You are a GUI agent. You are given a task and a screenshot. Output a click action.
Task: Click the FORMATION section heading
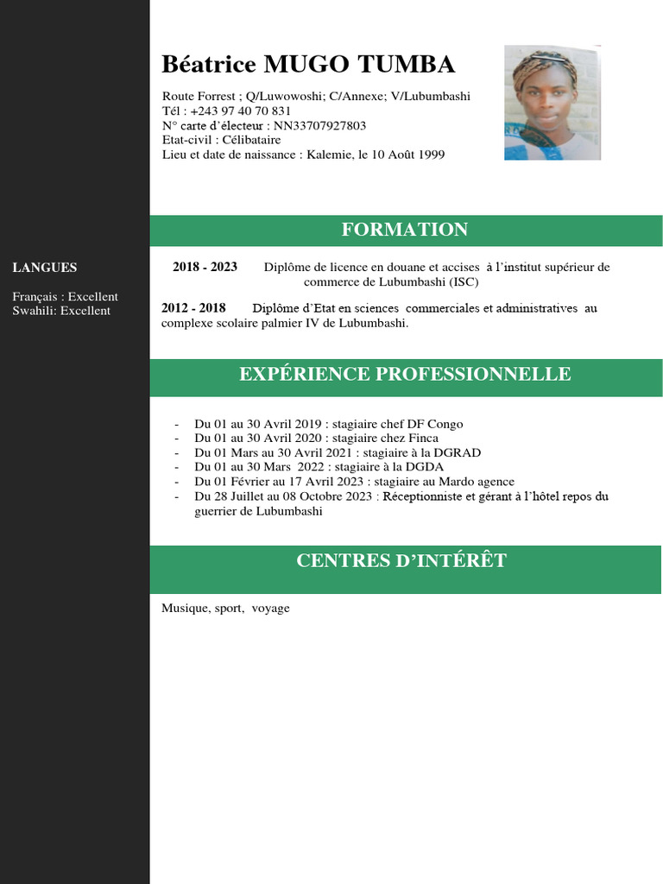coord(405,230)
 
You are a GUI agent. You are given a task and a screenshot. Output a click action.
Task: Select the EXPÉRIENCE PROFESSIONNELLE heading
coord(405,374)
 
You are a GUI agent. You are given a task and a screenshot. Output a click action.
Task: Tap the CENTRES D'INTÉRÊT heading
coord(401,561)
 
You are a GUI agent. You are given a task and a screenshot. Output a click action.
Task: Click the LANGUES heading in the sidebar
coord(45,268)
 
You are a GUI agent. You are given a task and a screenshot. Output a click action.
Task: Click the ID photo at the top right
coord(552,103)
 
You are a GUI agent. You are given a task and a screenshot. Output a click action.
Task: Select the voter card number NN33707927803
coord(319,126)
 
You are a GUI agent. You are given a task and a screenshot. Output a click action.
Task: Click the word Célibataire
coord(251,140)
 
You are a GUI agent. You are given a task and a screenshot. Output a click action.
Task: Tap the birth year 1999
coord(431,155)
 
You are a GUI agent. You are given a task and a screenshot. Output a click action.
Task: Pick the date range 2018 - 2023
coord(205,268)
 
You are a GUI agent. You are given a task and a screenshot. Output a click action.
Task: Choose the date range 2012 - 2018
coord(193,308)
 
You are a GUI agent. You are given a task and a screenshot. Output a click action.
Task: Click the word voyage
coord(271,609)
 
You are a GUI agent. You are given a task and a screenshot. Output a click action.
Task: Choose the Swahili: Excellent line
coord(61,311)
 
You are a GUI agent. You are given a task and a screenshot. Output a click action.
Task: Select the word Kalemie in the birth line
coord(330,155)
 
